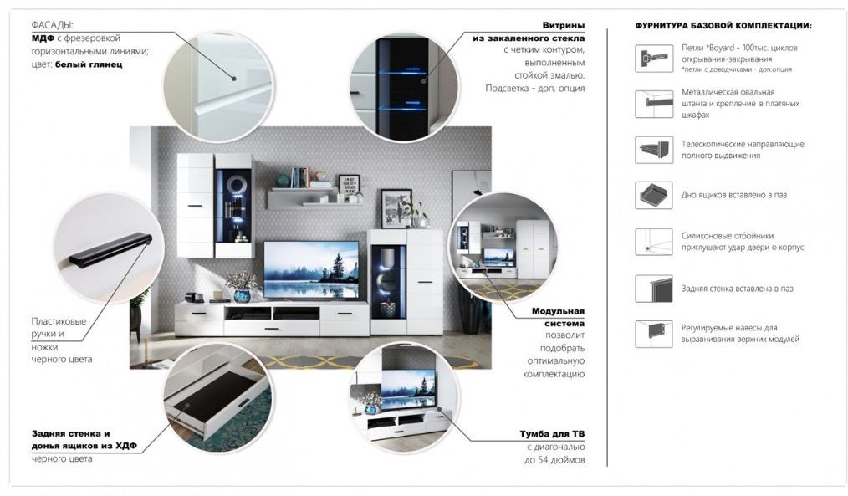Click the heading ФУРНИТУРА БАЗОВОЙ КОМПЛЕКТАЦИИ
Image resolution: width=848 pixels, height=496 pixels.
pos(723,25)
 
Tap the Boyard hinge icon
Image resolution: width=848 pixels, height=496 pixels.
pos(654,58)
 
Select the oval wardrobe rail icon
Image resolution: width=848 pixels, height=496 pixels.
pos(654,104)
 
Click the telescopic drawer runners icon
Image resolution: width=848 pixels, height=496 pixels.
pos(654,149)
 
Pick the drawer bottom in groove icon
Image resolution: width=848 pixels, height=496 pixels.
pos(654,195)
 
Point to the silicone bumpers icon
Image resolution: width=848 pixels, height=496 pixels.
pos(654,241)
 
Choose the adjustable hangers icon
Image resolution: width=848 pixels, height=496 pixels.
pos(654,334)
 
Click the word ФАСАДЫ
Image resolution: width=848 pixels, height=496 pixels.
pos(52,25)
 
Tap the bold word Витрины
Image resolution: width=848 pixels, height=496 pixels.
pos(564,25)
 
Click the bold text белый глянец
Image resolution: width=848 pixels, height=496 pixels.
pos(89,64)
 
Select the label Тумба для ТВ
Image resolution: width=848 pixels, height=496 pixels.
pos(552,434)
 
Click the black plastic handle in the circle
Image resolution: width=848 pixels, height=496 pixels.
pos(111,250)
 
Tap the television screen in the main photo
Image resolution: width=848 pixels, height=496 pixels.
pos(311,269)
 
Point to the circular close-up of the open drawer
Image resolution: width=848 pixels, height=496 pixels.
pos(218,397)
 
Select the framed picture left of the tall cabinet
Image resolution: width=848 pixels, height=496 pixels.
pos(396,209)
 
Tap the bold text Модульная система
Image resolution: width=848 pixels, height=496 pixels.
pos(558,317)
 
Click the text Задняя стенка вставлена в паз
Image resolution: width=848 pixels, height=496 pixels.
pos(737,289)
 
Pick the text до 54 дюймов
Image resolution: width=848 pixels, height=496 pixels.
pos(554,460)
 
